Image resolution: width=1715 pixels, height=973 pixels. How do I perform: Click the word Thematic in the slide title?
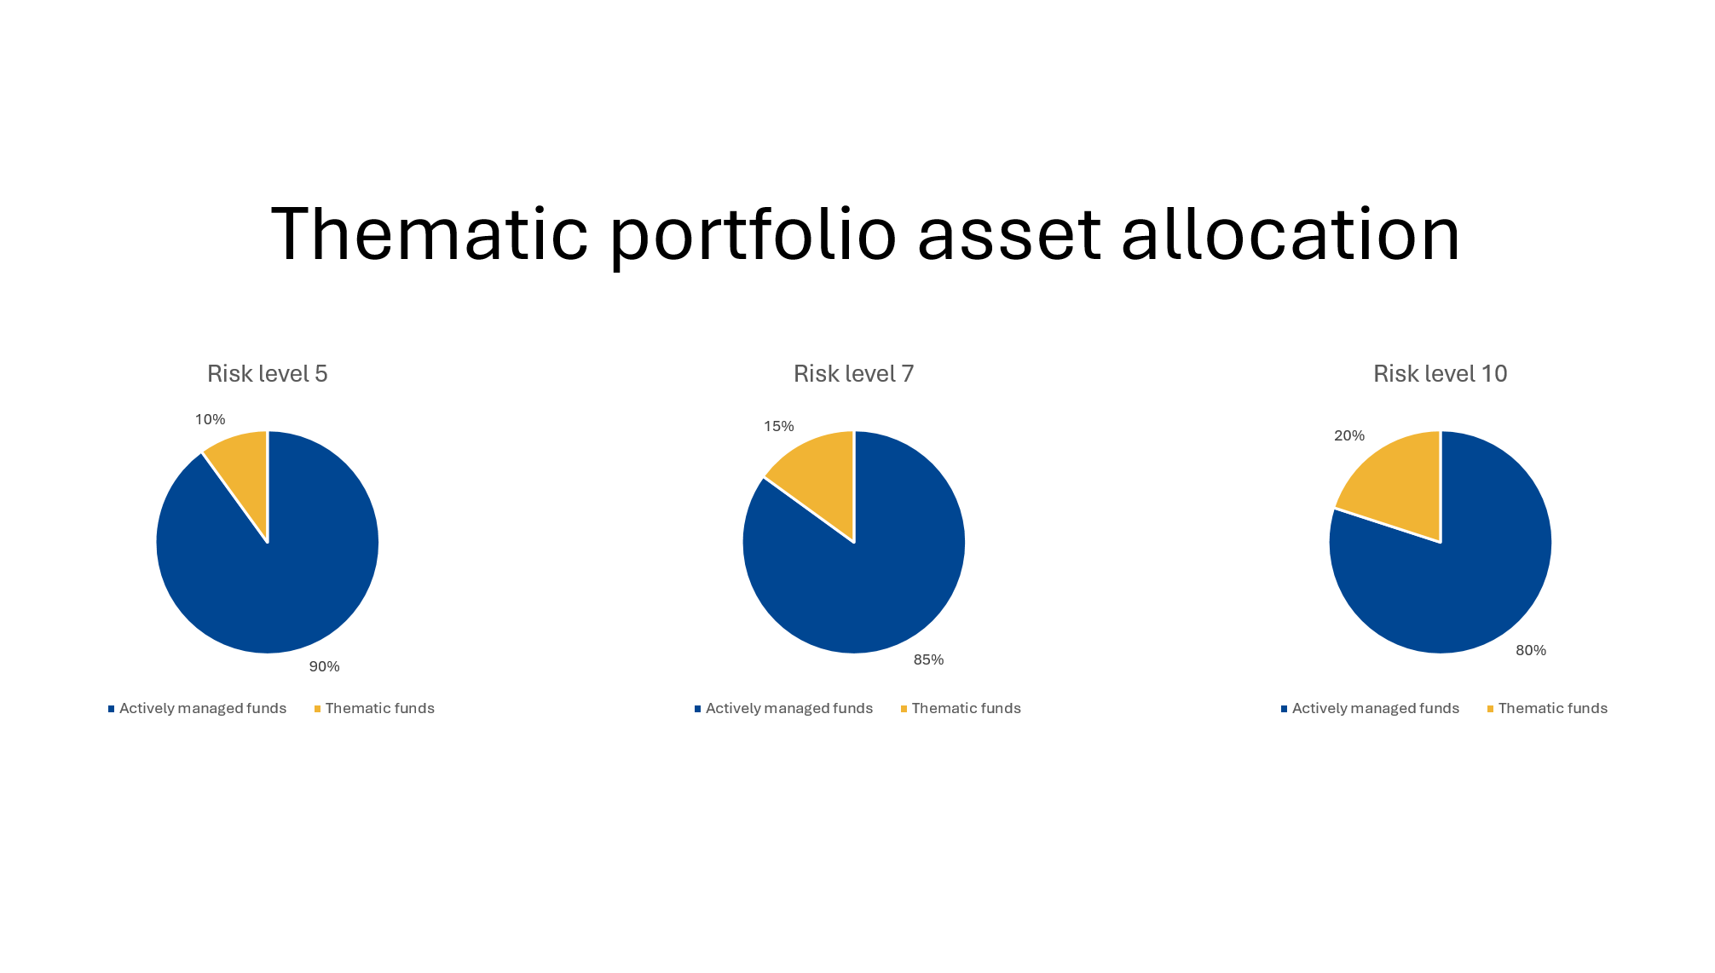[430, 233]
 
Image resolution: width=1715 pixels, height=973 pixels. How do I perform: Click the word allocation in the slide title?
[1291, 233]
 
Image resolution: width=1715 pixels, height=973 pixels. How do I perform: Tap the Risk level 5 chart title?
[268, 374]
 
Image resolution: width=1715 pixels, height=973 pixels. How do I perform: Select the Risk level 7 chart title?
[854, 374]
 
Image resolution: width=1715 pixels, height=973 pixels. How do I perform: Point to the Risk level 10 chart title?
[1441, 374]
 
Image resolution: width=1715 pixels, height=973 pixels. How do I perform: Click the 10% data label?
[211, 419]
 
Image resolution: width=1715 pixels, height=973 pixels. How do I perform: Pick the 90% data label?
[325, 666]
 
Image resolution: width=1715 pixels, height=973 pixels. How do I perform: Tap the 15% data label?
[779, 426]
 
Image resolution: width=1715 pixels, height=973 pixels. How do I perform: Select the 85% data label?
[929, 659]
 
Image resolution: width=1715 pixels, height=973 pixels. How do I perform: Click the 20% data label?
[1349, 435]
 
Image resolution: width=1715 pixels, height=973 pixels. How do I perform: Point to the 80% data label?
[1531, 650]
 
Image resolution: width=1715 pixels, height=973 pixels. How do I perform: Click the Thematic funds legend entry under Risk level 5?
[374, 708]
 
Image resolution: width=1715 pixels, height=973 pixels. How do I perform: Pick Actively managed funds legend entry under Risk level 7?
[783, 708]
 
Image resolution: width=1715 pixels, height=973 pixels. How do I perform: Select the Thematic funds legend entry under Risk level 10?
[1547, 708]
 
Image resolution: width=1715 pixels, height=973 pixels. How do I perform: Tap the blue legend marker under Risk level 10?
[1284, 709]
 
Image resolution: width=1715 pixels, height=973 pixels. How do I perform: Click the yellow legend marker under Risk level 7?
[904, 709]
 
